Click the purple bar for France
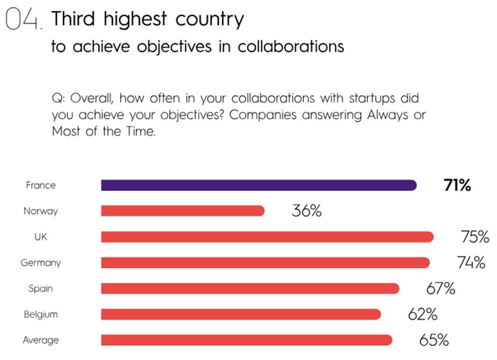[x=259, y=185]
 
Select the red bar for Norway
[x=183, y=211]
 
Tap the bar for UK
[x=267, y=237]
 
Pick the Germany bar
[x=266, y=262]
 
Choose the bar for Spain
[x=250, y=288]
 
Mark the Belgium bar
[x=241, y=314]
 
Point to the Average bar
[x=246, y=340]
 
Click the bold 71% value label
[x=457, y=185]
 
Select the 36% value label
[x=307, y=211]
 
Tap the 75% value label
[x=475, y=237]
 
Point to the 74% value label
[x=471, y=262]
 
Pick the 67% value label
[x=441, y=288]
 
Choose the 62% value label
[x=423, y=314]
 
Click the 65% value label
[x=434, y=340]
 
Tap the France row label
[x=41, y=185]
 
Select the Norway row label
[x=41, y=211]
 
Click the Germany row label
[x=41, y=263]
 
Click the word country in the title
[x=209, y=19]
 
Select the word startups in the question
[x=372, y=99]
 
